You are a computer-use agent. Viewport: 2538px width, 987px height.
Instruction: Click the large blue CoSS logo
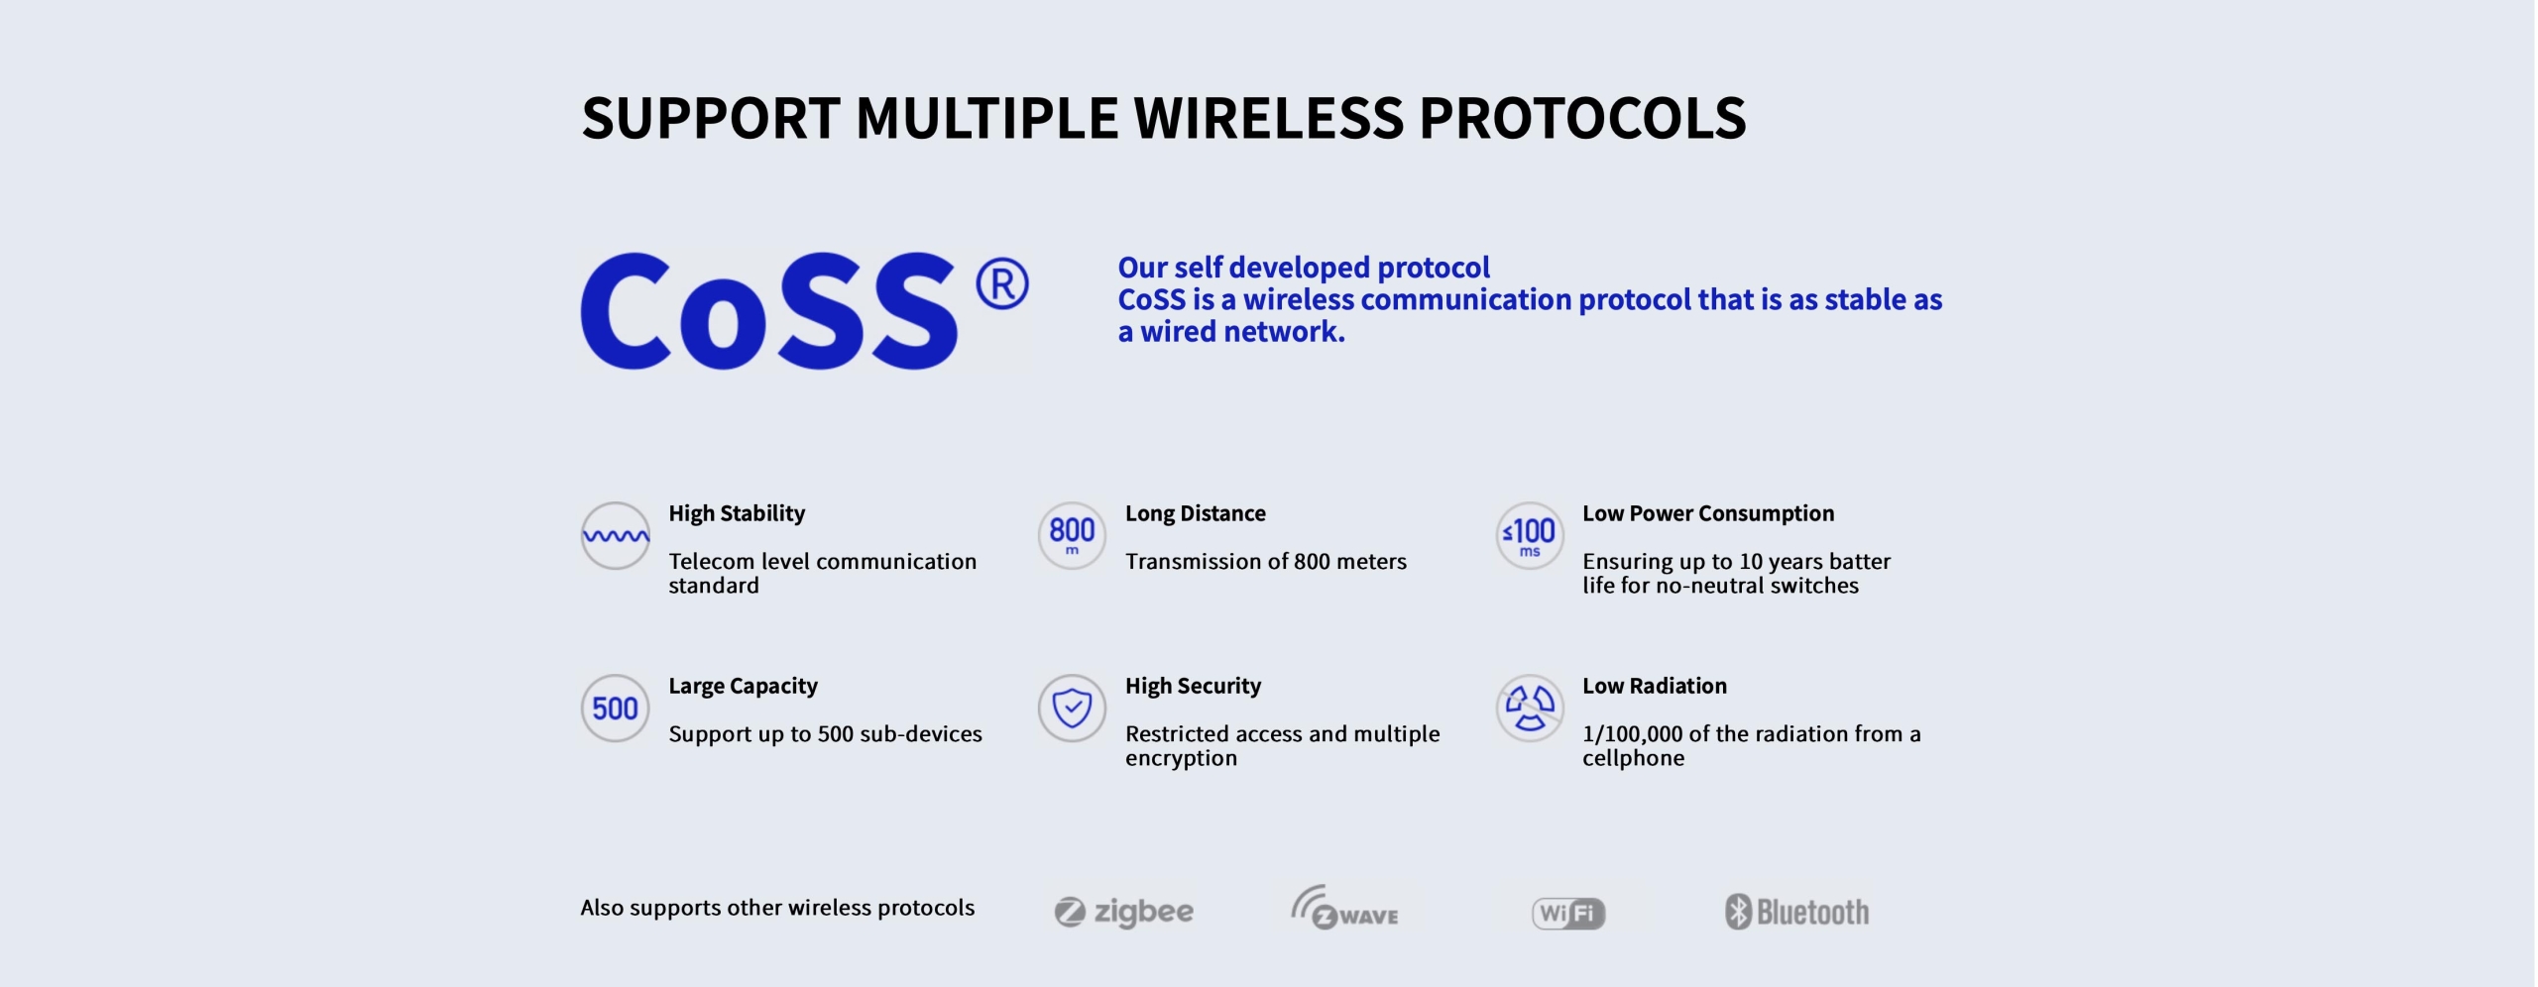(x=768, y=311)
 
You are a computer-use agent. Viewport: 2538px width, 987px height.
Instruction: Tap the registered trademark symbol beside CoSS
(x=1001, y=284)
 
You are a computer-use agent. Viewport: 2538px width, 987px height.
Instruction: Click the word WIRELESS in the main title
(x=1268, y=118)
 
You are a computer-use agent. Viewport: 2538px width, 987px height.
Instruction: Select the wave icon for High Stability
(x=616, y=536)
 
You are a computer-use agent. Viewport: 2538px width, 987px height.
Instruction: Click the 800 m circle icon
(x=1072, y=535)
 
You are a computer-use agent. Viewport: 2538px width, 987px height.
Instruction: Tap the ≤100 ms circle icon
(x=1530, y=535)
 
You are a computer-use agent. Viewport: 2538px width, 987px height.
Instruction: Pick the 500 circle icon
(x=616, y=709)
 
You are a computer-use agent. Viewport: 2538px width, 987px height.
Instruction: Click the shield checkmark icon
(x=1072, y=709)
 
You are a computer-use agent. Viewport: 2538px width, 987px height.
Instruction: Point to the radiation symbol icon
(x=1530, y=709)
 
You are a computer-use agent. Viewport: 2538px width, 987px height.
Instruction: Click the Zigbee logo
(x=1124, y=912)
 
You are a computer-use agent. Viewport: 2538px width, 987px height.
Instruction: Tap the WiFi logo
(x=1568, y=913)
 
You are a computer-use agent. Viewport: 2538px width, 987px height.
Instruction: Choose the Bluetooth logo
(x=1796, y=912)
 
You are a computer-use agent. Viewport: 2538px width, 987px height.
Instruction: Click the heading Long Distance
(x=1196, y=513)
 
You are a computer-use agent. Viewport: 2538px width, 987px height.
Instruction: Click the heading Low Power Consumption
(x=1708, y=513)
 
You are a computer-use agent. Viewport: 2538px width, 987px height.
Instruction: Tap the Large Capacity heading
(x=743, y=687)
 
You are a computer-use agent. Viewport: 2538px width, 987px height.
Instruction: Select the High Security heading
(x=1193, y=687)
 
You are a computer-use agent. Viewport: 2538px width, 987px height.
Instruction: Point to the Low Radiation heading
(x=1655, y=686)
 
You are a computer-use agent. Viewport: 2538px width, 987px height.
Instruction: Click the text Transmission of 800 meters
(x=1266, y=562)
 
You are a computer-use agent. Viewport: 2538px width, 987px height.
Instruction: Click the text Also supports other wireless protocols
(x=777, y=909)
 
